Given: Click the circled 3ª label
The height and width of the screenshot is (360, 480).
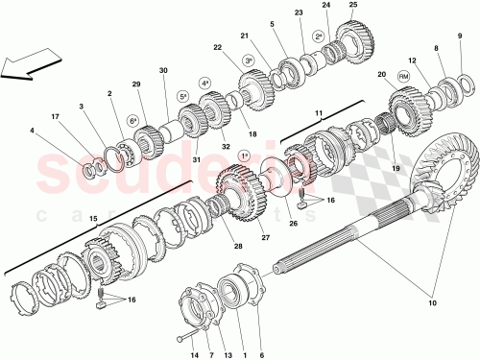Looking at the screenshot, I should coord(248,60).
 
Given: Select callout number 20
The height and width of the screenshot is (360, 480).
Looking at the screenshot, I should coord(382,74).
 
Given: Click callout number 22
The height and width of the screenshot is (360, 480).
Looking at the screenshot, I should coord(218,48).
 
